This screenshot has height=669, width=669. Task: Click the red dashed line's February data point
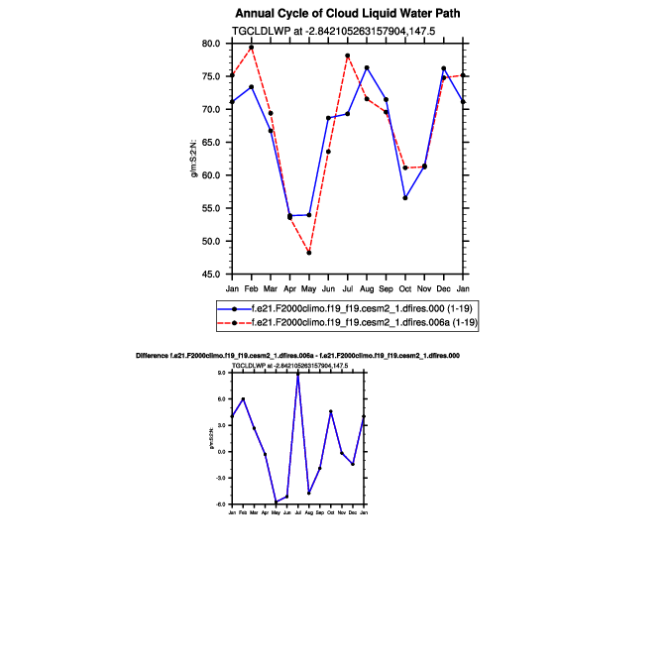point(252,48)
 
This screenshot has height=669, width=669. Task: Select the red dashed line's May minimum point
point(309,253)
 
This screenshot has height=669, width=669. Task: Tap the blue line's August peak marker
point(367,67)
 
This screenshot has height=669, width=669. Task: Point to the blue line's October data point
point(405,198)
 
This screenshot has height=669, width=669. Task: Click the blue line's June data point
point(328,118)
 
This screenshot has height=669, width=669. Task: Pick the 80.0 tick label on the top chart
point(211,44)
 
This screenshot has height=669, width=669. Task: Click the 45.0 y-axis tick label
point(211,274)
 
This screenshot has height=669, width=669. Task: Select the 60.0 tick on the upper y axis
point(211,175)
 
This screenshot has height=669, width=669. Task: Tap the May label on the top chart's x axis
point(309,287)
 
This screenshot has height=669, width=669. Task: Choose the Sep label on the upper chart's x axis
point(386,287)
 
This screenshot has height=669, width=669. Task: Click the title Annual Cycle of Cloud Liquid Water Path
point(348,13)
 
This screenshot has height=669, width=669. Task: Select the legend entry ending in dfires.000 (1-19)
point(366,309)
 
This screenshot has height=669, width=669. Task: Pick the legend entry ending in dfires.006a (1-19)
point(368,322)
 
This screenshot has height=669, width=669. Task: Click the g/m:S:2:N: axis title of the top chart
point(195,160)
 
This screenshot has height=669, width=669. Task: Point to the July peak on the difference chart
point(297,373)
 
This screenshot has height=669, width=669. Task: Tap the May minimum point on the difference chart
point(276,502)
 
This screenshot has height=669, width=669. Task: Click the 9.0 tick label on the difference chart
point(222,372)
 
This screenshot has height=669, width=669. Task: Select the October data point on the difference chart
point(331,411)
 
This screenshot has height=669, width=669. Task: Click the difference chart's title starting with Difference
point(297,355)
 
